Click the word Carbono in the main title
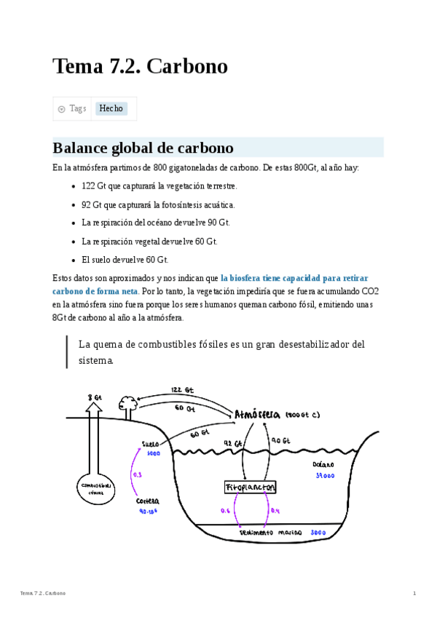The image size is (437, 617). point(187,67)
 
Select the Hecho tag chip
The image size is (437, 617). point(111,108)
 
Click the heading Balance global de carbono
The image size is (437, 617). point(143,148)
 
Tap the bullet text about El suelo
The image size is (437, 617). point(125,259)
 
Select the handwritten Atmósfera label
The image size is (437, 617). point(257,415)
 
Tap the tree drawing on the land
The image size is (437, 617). point(128,403)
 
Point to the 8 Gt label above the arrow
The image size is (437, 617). point(95,398)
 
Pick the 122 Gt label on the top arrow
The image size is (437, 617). point(181,390)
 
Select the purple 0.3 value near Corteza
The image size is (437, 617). point(137,475)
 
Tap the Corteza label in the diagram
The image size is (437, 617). point(147,501)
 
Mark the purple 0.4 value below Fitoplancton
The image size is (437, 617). point(275,511)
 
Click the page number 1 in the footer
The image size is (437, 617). point(414,594)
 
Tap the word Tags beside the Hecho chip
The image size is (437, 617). point(77,108)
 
